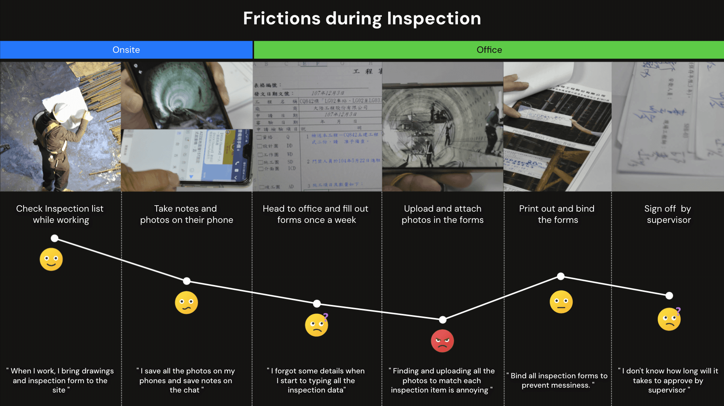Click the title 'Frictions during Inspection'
(362, 18)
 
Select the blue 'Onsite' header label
(126, 50)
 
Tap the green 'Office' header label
(489, 50)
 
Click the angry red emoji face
(442, 341)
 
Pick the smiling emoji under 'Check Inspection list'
(51, 259)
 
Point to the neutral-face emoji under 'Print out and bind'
(561, 302)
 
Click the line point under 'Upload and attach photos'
(443, 319)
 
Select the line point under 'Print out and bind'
(561, 276)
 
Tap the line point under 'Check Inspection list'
(55, 238)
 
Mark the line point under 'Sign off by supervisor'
(669, 296)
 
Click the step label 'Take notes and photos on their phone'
(186, 214)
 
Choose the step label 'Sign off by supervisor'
(668, 214)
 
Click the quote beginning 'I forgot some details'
(316, 381)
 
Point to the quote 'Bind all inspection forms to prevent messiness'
(557, 380)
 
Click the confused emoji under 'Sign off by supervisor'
(669, 319)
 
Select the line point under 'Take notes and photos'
(187, 281)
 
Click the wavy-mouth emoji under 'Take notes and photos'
(186, 303)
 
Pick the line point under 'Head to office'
(317, 303)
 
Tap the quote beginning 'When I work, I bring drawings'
(60, 381)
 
